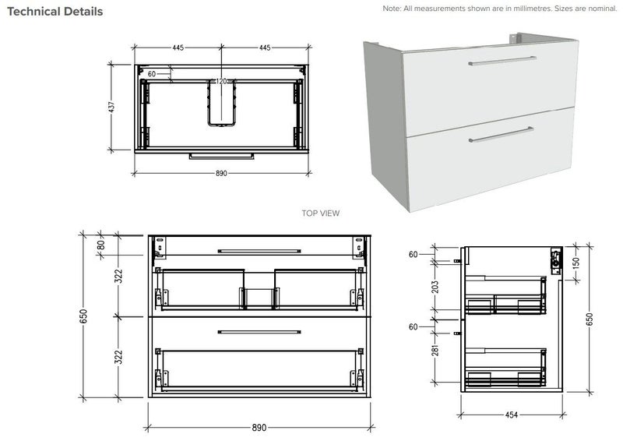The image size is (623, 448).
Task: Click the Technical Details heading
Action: pos(55,12)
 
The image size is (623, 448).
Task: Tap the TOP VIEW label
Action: pos(320,213)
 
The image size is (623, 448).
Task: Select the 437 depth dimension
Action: pos(112,106)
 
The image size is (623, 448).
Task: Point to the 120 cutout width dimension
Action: pos(222,82)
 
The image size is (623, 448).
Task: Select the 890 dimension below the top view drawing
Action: pos(221,173)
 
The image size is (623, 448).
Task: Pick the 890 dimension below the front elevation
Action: pos(259,428)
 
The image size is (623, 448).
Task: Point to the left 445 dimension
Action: pos(178,48)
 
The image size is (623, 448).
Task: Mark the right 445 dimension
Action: pos(265,48)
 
